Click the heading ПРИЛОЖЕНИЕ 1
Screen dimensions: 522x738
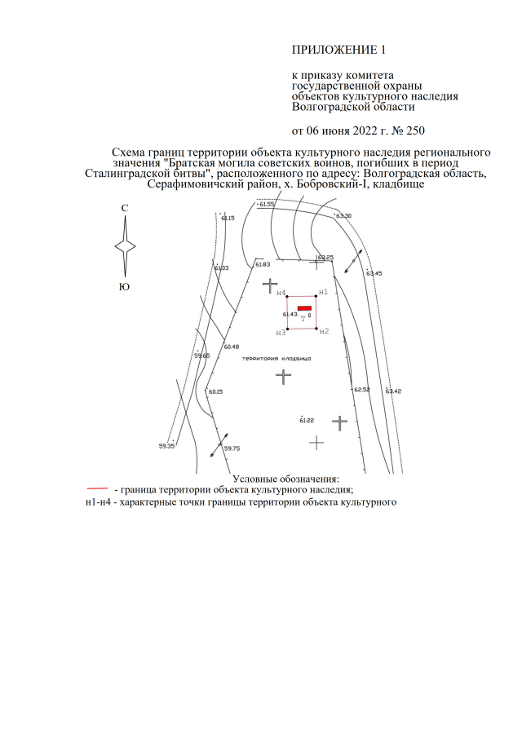pyautogui.click(x=338, y=50)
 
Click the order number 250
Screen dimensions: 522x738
pyautogui.click(x=415, y=130)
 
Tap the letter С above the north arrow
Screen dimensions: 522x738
pyautogui.click(x=125, y=208)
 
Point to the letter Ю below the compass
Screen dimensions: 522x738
pyautogui.click(x=124, y=286)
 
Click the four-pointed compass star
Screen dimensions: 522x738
pyautogui.click(x=126, y=246)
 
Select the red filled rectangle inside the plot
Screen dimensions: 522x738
pyautogui.click(x=304, y=307)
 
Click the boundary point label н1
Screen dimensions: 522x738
pyautogui.click(x=323, y=292)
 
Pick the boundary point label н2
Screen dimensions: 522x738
pyautogui.click(x=324, y=331)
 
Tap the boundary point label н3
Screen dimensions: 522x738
pyautogui.click(x=281, y=333)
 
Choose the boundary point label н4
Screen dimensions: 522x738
pyautogui.click(x=281, y=294)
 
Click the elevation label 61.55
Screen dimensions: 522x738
pyautogui.click(x=267, y=204)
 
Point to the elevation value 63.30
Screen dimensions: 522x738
pyautogui.click(x=343, y=215)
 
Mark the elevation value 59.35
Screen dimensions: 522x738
pyautogui.click(x=166, y=446)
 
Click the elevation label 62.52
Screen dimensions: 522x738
pyautogui.click(x=362, y=390)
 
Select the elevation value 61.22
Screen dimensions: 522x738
pyautogui.click(x=307, y=420)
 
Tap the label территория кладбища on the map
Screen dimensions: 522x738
pyautogui.click(x=276, y=359)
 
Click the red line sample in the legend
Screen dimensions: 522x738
pyautogui.click(x=97, y=489)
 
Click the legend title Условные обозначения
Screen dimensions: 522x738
pyautogui.click(x=285, y=479)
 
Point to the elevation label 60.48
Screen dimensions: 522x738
pyautogui.click(x=232, y=347)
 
